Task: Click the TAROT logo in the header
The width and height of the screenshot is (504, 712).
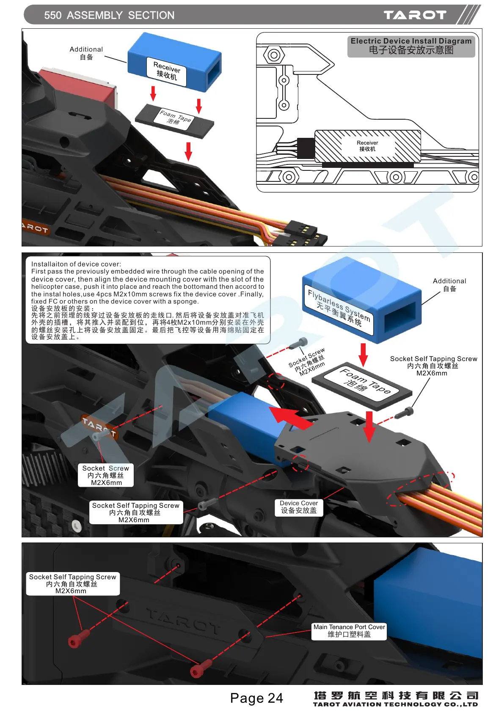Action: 415,15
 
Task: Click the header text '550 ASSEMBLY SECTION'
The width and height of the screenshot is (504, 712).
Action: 109,15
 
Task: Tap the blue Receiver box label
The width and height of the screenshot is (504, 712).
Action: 167,71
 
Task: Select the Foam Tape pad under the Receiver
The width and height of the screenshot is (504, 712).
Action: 174,120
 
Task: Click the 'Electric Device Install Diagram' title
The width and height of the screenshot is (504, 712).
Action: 411,41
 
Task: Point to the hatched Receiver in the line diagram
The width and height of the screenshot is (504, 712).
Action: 367,146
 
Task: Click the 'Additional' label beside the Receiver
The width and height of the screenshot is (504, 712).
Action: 86,49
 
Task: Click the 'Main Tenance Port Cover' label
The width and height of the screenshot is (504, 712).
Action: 349,630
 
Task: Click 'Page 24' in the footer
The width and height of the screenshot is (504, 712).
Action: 256,698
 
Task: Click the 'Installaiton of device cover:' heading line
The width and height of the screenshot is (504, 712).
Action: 76,264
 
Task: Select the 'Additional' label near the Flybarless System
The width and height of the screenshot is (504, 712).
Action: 449,281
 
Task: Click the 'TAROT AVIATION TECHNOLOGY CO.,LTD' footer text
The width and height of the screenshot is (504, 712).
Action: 395,704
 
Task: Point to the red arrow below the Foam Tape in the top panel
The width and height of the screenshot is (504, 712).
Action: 189,151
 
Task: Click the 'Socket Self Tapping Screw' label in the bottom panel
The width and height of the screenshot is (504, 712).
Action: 72,577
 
